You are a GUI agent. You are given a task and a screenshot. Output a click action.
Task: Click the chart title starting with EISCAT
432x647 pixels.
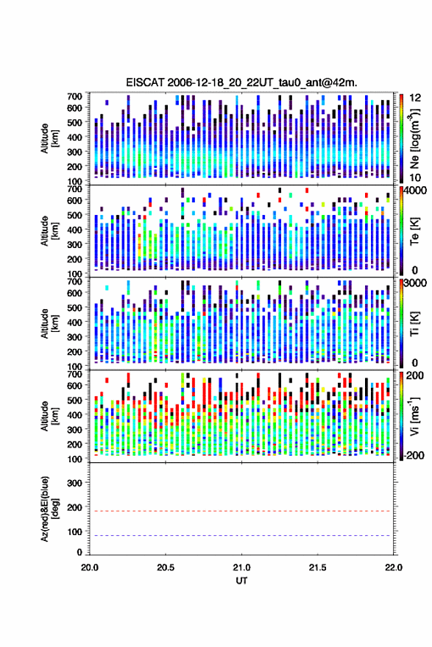click(241, 82)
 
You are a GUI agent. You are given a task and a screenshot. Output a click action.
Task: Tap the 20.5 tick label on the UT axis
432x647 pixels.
click(166, 568)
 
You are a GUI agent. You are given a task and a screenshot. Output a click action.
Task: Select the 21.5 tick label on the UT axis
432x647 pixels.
click(317, 568)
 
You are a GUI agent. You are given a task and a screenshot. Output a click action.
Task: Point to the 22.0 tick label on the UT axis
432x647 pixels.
click(393, 568)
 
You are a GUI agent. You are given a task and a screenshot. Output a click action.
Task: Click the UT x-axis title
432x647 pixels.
click(241, 581)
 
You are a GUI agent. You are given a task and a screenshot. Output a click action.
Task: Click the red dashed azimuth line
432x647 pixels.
click(241, 512)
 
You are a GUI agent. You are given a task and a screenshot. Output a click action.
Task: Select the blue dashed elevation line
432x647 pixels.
click(241, 536)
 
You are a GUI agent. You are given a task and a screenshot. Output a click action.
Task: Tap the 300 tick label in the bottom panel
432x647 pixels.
click(74, 483)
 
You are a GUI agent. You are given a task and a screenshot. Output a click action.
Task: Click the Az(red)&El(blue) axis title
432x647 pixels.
click(49, 509)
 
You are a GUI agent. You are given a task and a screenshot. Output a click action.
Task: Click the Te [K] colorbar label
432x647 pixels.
click(414, 231)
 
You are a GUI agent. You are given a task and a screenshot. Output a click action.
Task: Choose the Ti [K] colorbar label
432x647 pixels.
click(414, 324)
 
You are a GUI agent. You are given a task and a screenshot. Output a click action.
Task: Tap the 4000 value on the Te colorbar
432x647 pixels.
click(415, 191)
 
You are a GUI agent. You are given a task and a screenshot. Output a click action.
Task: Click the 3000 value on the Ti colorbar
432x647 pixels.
click(415, 283)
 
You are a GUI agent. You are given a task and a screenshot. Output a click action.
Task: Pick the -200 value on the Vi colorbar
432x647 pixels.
click(414, 456)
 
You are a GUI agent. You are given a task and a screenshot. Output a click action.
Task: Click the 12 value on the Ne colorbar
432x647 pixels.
click(415, 98)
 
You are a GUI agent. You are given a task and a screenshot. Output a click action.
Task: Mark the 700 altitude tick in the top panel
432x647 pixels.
click(74, 96)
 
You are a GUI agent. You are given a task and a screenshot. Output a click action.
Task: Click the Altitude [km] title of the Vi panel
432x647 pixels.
click(49, 416)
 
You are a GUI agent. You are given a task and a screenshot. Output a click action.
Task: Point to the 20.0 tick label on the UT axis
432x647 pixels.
click(90, 568)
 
